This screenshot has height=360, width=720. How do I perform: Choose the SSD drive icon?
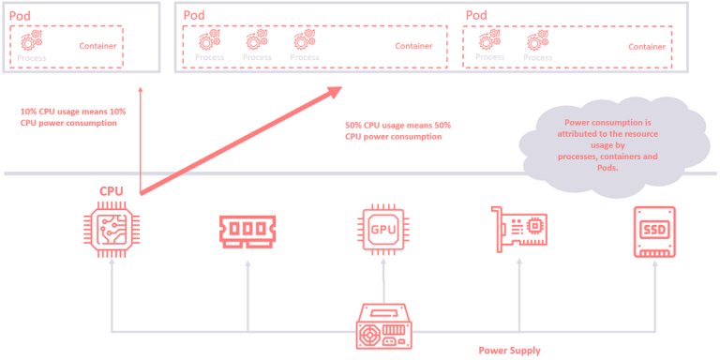tap(652, 231)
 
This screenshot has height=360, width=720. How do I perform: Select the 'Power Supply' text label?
tap(510, 351)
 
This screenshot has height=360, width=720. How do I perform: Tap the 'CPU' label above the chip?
tap(112, 191)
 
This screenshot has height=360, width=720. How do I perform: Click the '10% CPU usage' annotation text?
tap(73, 117)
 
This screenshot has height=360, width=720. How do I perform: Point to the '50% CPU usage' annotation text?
tap(398, 131)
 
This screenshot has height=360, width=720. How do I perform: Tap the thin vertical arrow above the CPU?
tap(141, 141)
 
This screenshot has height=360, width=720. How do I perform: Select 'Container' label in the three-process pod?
tap(413, 45)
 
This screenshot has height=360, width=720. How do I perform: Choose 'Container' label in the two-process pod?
tap(647, 46)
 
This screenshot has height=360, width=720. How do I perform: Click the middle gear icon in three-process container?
tap(256, 40)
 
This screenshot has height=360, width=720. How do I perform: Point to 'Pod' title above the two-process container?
tap(476, 15)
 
